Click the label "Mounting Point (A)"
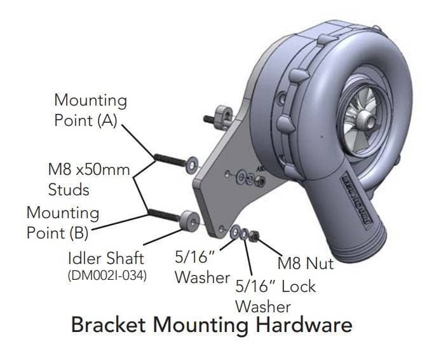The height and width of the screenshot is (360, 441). coord(90,110)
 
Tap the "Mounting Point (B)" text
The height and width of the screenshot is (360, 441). coord(62,222)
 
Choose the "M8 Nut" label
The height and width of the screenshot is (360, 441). coord(306,262)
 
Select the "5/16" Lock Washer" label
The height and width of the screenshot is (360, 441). coord(275,296)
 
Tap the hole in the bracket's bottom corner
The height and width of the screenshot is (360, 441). coord(221,228)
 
